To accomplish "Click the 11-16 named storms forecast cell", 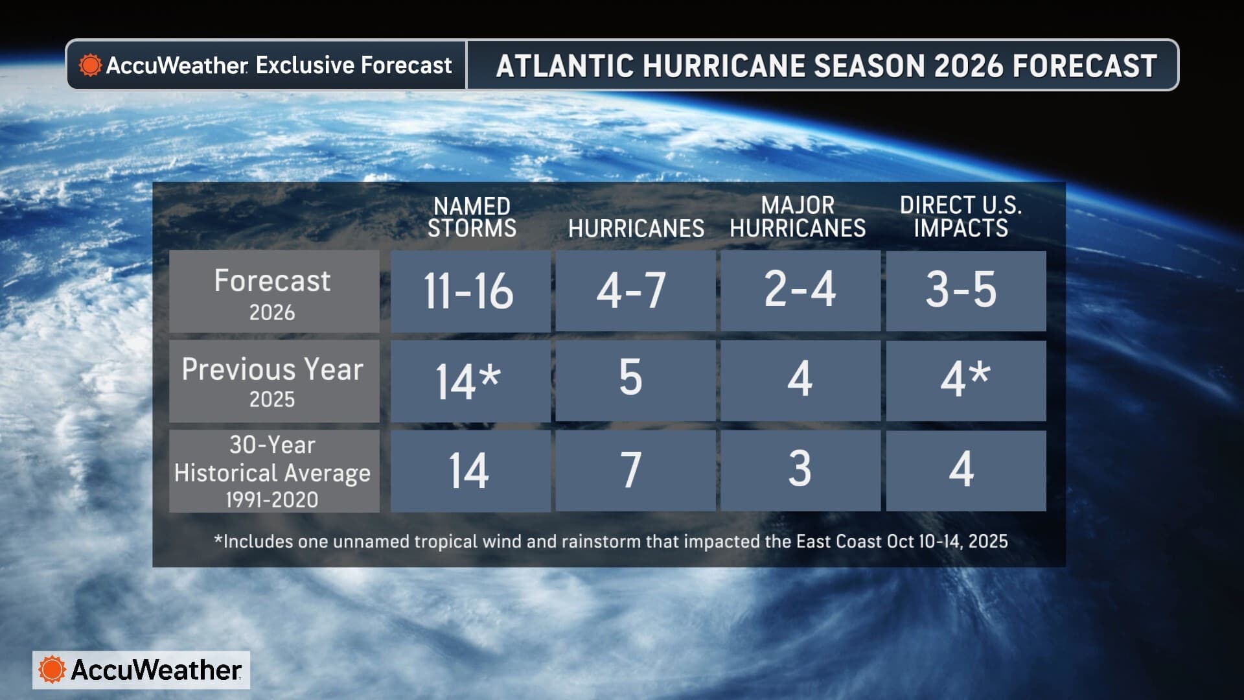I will (470, 291).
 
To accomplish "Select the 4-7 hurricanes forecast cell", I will (635, 291).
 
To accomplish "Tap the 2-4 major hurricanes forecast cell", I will (800, 291).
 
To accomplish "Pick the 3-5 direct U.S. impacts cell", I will (965, 291).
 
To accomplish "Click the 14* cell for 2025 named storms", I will (470, 381).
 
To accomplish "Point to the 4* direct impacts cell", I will (965, 380).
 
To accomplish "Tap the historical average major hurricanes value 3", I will (800, 470).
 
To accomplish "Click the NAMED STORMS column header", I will (472, 218).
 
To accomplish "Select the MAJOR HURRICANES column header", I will (798, 217).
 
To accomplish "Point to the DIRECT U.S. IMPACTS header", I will (961, 217).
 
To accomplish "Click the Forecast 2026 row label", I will (273, 292).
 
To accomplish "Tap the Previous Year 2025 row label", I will (273, 381).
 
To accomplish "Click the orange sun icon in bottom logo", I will (52, 670).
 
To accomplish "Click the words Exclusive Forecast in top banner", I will (354, 65).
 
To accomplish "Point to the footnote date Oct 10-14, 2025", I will (947, 542).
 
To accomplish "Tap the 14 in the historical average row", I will (470, 471).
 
